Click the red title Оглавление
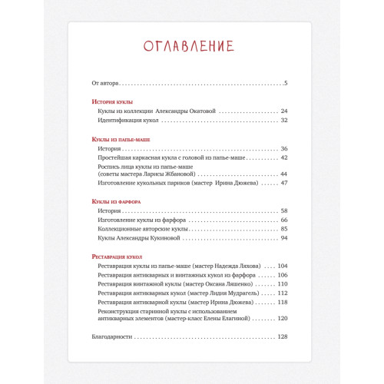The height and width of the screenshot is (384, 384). [x=190, y=47]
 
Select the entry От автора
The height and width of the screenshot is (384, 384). [x=105, y=83]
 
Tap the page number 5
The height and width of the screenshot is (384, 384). [x=285, y=83]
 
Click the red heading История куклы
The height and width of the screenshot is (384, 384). [x=112, y=101]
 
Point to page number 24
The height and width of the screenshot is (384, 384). [x=283, y=111]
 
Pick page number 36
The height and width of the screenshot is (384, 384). [x=283, y=148]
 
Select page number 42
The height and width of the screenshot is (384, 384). [x=283, y=157]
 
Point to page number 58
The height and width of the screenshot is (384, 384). [x=283, y=210]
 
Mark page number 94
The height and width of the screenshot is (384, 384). [x=283, y=239]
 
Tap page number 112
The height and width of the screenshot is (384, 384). [x=282, y=293]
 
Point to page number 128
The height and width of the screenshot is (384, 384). [x=282, y=336]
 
